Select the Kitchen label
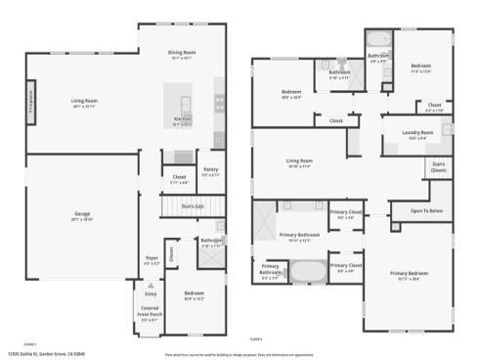(182, 120)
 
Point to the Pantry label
(211, 169)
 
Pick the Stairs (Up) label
(194, 206)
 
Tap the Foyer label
(152, 259)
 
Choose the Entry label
(151, 293)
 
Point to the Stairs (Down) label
(439, 167)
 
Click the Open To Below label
(426, 210)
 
